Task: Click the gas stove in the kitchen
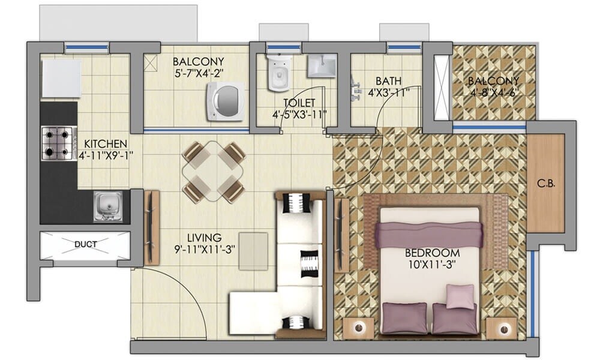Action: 58,143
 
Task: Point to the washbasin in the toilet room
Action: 322,65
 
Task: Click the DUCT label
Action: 85,244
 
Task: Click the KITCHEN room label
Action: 106,144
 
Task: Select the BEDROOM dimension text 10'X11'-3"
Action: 432,264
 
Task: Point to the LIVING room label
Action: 203,238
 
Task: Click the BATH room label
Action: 388,81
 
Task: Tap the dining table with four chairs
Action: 214,172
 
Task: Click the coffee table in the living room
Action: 253,251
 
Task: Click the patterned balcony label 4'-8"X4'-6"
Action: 493,92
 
